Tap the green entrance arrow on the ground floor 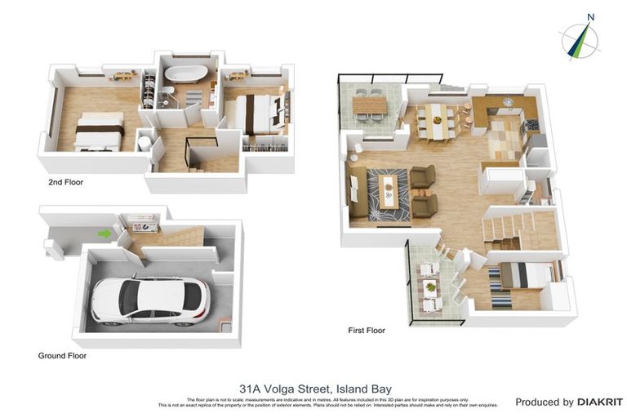[104, 234]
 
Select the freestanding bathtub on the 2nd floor [185, 73]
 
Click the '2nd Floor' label [66, 182]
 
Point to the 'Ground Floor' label [62, 355]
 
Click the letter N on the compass [590, 16]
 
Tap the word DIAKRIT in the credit [600, 402]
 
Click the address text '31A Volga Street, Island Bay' [315, 389]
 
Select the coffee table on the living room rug [389, 193]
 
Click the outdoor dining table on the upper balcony [368, 105]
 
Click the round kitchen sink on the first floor [508, 103]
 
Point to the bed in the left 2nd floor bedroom [99, 133]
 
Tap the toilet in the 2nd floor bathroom [144, 145]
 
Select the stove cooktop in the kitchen [532, 126]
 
